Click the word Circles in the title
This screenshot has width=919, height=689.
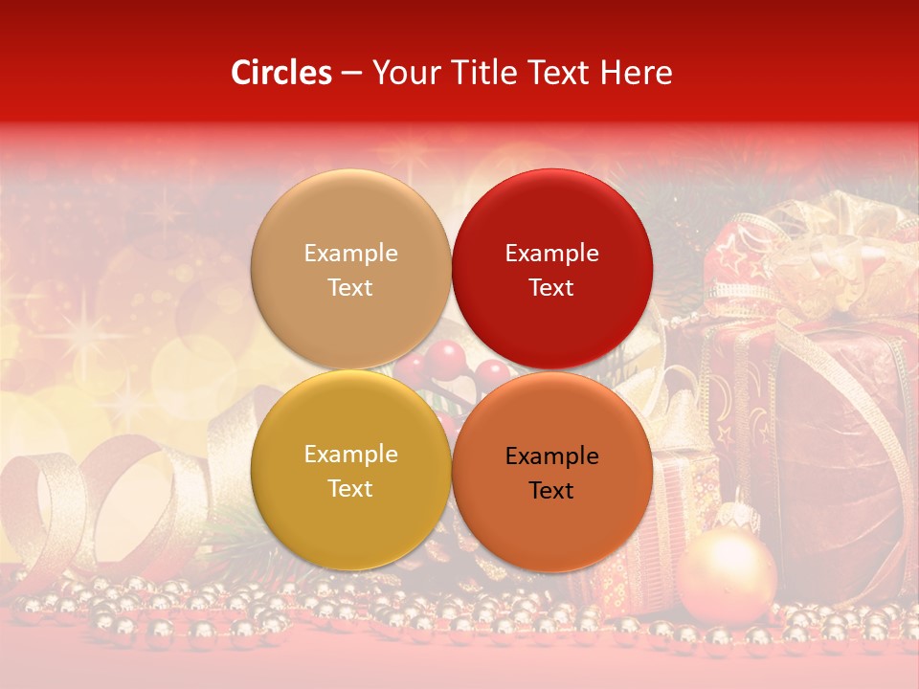click(281, 73)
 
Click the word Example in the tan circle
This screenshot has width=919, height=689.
click(350, 254)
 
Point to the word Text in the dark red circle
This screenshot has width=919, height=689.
click(551, 288)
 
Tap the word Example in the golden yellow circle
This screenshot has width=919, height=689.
click(350, 455)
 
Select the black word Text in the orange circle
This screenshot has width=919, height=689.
click(551, 491)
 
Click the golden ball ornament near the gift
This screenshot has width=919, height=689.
click(727, 575)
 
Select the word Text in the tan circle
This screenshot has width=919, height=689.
click(350, 288)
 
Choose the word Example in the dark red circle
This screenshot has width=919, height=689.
click(551, 254)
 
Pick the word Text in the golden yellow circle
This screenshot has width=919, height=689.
click(350, 489)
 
